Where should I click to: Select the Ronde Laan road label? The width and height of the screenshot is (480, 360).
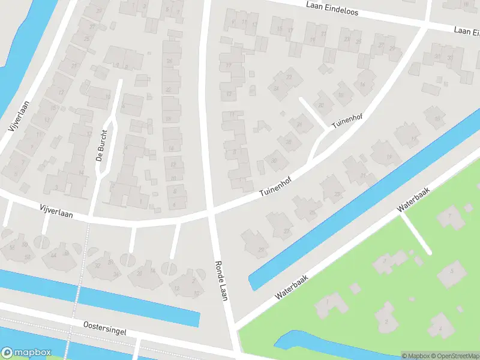[x=221, y=280]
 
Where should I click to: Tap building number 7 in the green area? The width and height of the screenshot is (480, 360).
[x=448, y=215]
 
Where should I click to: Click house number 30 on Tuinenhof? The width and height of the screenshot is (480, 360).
[x=274, y=160]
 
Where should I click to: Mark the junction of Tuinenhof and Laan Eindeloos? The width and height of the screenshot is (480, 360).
[x=425, y=25]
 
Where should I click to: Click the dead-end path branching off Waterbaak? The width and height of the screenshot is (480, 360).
[x=415, y=234]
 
